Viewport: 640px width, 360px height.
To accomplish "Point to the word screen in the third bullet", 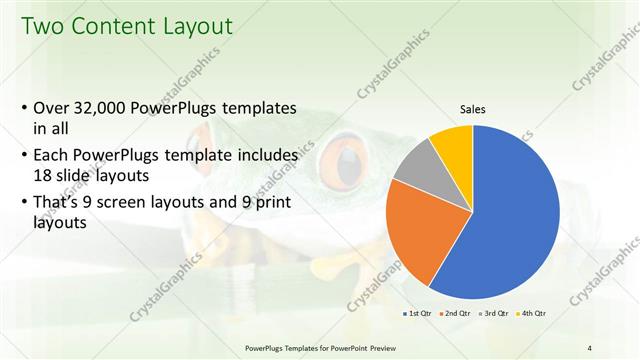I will tap(132, 202).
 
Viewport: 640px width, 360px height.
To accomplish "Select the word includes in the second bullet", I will tap(264, 156).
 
